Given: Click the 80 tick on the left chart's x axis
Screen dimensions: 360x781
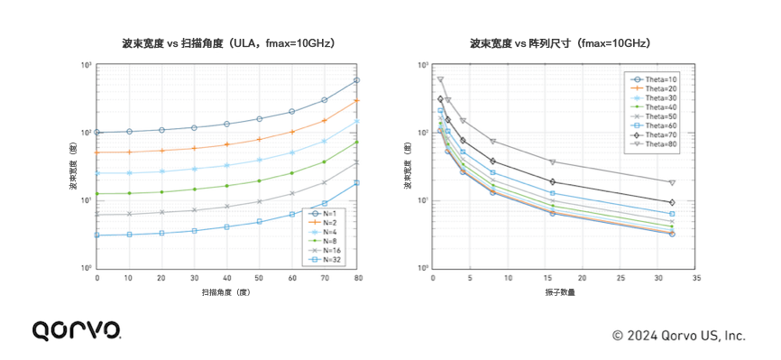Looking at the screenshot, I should pyautogui.click(x=358, y=279).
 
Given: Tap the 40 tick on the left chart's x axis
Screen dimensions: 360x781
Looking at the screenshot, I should pyautogui.click(x=227, y=279).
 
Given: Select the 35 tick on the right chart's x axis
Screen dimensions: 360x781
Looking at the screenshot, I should pyautogui.click(x=696, y=279).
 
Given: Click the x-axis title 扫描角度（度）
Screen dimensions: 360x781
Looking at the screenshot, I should pyautogui.click(x=227, y=293).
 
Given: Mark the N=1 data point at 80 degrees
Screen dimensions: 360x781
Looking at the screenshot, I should pyautogui.click(x=357, y=80).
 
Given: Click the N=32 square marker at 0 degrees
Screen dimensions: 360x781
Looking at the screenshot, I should pyautogui.click(x=97, y=235).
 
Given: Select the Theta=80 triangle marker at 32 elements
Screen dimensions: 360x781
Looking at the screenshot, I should pyautogui.click(x=672, y=182).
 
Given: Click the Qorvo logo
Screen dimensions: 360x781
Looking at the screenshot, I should pyautogui.click(x=77, y=330).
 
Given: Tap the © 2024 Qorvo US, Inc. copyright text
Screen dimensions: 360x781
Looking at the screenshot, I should pyautogui.click(x=679, y=335).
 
